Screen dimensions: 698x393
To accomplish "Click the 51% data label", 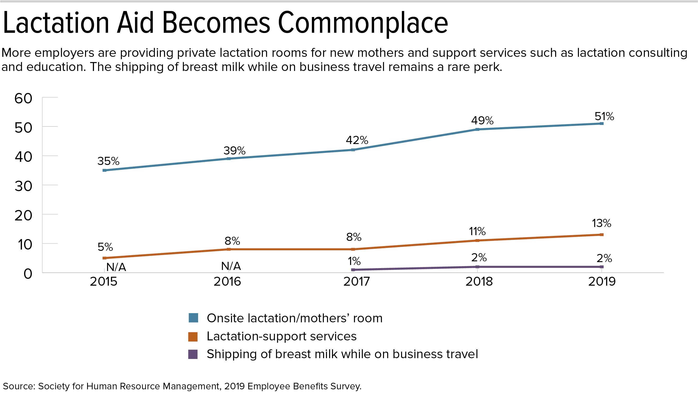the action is tap(604, 116).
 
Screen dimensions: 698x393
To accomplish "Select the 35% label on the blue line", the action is tap(108, 161).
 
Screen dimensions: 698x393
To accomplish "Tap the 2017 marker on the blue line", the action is tap(353, 150).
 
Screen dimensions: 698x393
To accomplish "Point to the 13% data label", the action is tap(601, 223).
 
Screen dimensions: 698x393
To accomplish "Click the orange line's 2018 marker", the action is tap(477, 240).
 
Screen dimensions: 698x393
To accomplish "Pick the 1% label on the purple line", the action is tap(354, 261).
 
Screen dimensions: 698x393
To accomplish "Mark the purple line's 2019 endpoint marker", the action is tap(601, 267).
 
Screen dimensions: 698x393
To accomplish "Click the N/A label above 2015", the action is tap(116, 267).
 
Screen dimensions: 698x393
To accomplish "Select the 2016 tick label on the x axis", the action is tap(227, 281).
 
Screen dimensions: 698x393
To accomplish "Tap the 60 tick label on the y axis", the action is tap(23, 98).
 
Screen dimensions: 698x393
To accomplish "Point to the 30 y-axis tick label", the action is tap(23, 186).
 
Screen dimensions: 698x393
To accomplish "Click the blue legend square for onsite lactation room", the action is tap(193, 318).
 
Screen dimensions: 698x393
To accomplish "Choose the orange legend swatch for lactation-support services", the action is tap(193, 337).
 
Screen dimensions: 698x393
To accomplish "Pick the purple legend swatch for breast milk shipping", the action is tap(193, 354).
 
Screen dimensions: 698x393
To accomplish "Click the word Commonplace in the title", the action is tap(363, 24).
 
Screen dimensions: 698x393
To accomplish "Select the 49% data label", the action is tap(482, 120).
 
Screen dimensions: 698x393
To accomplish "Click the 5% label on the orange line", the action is tap(105, 247).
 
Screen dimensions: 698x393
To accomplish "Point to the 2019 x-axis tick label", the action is tap(602, 281).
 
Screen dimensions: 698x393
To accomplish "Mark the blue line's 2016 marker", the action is tap(228, 159).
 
